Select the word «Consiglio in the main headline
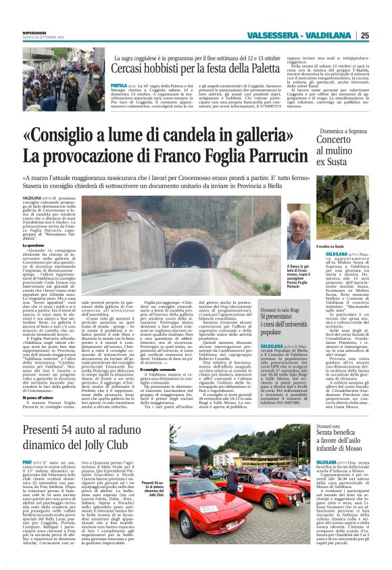coord(74,136)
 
